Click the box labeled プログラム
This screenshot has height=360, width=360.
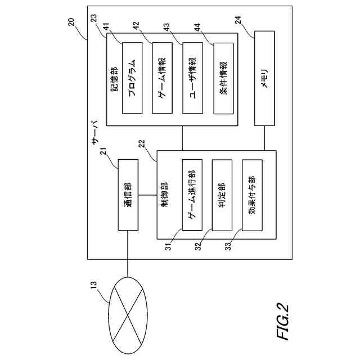tap(132, 78)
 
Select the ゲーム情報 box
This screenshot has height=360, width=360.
tap(163, 78)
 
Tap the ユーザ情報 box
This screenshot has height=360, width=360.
tap(192, 78)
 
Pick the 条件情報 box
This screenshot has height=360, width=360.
tap(224, 78)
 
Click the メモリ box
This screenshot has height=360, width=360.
tap(264, 78)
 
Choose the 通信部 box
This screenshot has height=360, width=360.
tap(128, 195)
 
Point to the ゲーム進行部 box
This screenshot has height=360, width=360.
tap(192, 195)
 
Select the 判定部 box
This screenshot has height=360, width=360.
tap(222, 195)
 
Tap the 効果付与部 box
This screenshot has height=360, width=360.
tap(253, 195)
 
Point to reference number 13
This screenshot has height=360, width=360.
tap(94, 286)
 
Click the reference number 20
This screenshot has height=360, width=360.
tap(71, 22)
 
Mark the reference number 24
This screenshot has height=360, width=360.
tap(238, 20)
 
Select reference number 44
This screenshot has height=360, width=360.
tap(197, 28)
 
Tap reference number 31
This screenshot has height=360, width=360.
tap(168, 246)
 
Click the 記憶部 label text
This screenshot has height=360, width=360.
tap(114, 79)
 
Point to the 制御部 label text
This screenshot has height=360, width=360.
tap(164, 195)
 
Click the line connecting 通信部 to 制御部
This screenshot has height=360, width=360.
tap(147, 195)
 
